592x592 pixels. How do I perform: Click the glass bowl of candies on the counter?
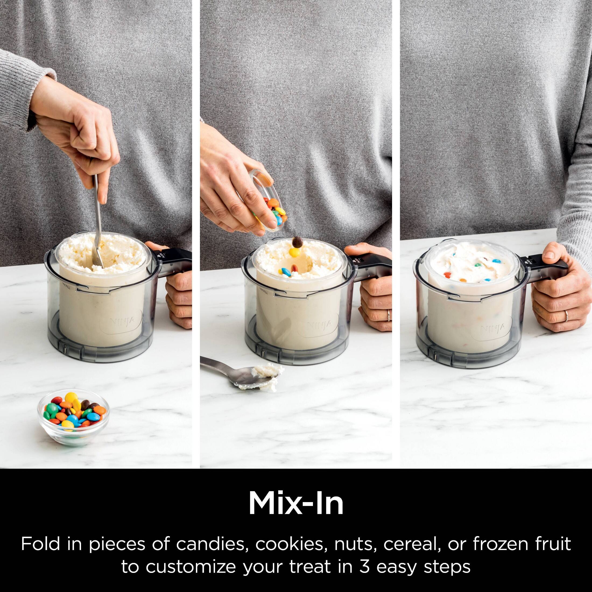coord(73,413)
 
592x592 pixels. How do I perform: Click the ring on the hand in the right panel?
coord(566,315)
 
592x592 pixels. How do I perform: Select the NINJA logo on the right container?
coord(493,329)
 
